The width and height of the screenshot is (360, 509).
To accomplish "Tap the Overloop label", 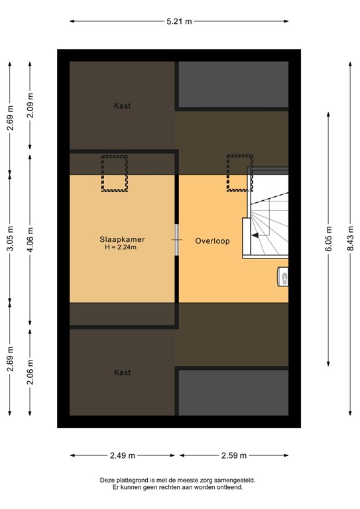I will pyautogui.click(x=212, y=241).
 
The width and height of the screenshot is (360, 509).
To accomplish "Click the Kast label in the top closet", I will pyautogui.click(x=122, y=105).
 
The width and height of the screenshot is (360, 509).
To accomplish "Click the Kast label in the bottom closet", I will pyautogui.click(x=122, y=372).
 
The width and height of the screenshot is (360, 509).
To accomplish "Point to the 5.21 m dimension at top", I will pyautogui.click(x=179, y=21).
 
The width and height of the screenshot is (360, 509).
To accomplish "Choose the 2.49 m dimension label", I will pyautogui.click(x=123, y=455).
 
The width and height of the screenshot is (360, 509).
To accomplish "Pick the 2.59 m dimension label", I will pyautogui.click(x=234, y=455).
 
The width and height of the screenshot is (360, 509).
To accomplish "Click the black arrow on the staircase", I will pyautogui.click(x=255, y=234).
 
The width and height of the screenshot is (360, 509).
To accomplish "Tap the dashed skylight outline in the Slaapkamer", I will pyautogui.click(x=114, y=173).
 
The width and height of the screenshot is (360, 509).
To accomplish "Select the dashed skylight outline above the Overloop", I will pyautogui.click(x=239, y=173).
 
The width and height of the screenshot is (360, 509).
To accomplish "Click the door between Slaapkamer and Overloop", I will pyautogui.click(x=177, y=239).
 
